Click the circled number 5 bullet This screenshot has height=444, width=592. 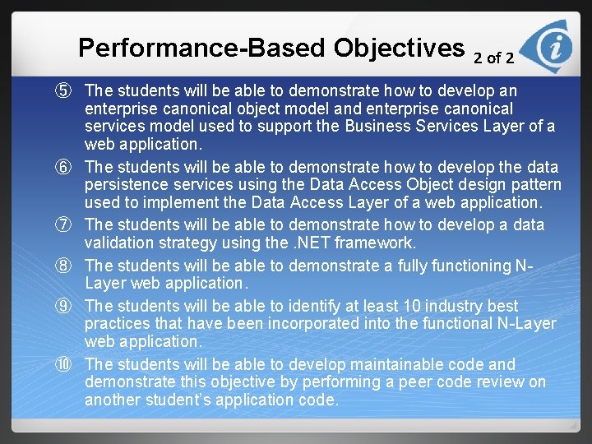pos(65,90)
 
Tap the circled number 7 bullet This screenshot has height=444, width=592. pos(65,224)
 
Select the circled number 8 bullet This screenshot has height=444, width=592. pos(65,266)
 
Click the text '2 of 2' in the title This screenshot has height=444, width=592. pos(494,58)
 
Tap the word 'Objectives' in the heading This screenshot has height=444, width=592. pos(399,48)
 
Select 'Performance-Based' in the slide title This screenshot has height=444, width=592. pos(202,48)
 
